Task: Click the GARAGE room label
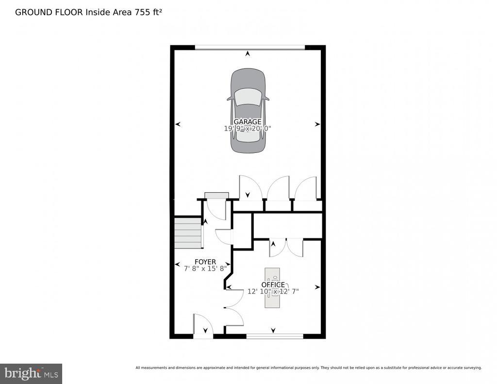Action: [x=248, y=122]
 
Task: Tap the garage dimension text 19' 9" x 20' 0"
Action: [x=248, y=129]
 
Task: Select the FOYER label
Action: [x=205, y=262]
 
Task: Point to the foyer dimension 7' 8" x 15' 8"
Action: [x=205, y=268]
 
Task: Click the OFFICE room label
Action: [x=273, y=285]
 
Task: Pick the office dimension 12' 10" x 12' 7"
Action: [x=273, y=291]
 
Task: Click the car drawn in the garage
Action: [x=248, y=111]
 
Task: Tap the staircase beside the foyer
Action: [x=188, y=233]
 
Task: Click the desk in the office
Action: [x=272, y=287]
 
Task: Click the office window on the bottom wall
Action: [x=275, y=336]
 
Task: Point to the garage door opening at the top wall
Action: [x=250, y=48]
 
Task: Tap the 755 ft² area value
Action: [x=149, y=12]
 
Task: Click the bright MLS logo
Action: [x=31, y=374]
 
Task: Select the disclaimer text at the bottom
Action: [x=309, y=368]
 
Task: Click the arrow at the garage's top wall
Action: [x=247, y=54]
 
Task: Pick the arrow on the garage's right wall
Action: [x=317, y=125]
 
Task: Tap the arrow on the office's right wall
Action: [x=317, y=287]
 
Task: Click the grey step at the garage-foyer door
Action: [x=216, y=196]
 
